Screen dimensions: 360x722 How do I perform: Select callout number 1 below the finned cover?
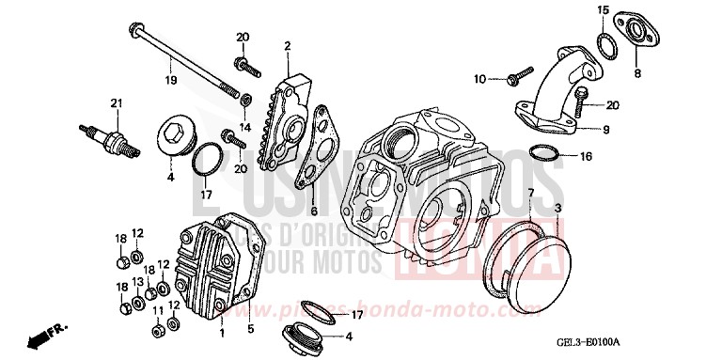222,333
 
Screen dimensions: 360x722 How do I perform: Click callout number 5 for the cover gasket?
250,330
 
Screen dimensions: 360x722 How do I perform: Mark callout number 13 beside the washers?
136,283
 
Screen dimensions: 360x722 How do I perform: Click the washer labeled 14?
245,99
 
